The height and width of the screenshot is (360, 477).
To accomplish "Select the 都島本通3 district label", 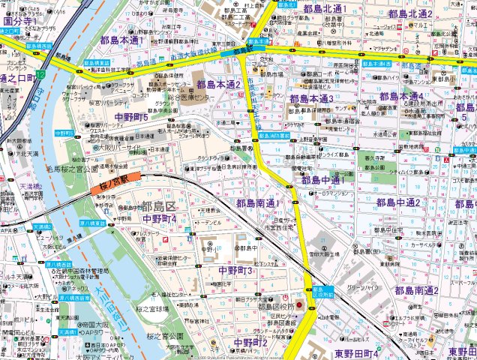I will click(x=311, y=98).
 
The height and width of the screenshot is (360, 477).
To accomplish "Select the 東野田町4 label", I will click(x=357, y=352).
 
